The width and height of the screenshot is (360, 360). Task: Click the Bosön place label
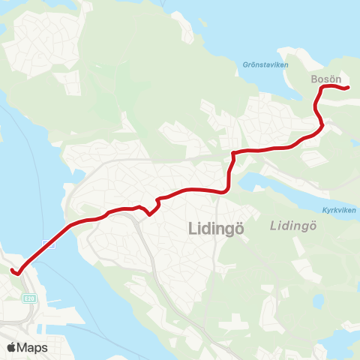325,78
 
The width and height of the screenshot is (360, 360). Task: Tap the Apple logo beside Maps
12,347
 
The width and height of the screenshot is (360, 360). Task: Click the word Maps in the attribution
33,347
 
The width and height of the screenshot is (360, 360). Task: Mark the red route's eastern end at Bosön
349,88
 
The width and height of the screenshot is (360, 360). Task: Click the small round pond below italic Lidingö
318,302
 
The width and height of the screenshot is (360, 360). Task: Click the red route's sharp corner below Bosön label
321,88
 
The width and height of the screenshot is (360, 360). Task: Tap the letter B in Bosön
313,78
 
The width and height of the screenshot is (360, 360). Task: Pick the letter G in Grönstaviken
244,65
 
